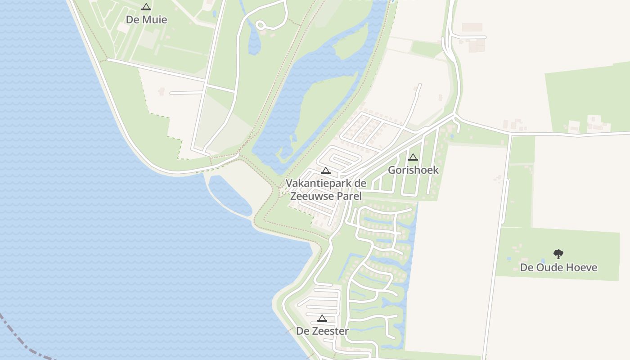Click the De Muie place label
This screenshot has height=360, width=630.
(146, 20)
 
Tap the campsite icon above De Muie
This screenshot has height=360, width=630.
(146, 7)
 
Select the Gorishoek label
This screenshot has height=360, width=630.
(413, 170)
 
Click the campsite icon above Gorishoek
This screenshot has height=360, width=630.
(413, 157)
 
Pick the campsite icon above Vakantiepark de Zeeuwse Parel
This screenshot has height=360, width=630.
(326, 171)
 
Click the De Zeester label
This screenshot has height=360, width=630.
(322, 331)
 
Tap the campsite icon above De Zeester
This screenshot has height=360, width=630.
(322, 318)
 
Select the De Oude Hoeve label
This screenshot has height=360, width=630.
(558, 267)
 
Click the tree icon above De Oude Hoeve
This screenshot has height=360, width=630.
(558, 254)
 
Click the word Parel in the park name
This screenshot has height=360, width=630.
(349, 196)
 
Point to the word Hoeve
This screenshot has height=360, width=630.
(582, 267)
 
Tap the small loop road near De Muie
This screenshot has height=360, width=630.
(261, 25)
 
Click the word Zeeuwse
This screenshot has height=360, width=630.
(311, 196)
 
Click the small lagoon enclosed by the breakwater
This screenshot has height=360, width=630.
(229, 196)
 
